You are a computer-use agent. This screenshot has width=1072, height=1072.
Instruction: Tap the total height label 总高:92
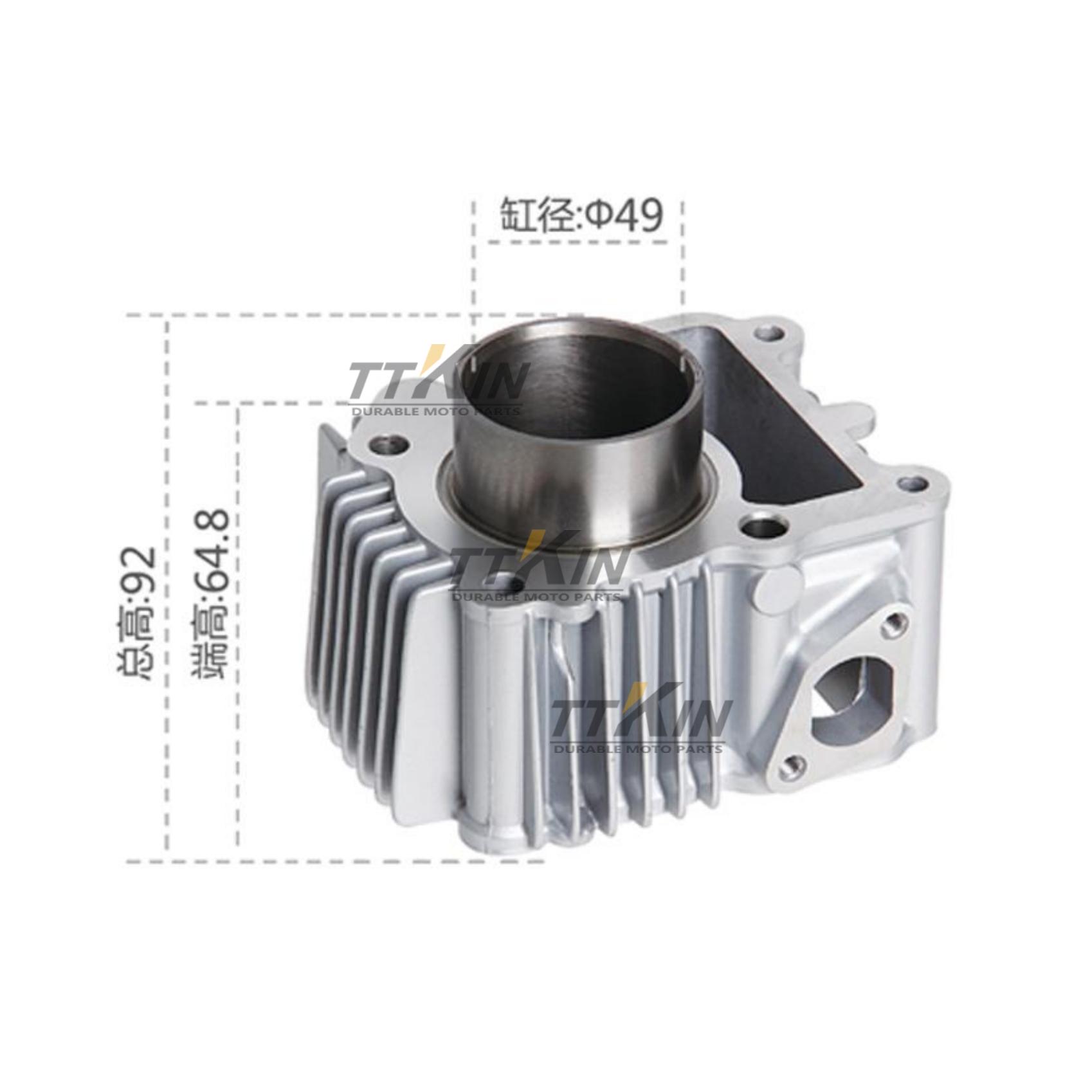click(137, 612)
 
